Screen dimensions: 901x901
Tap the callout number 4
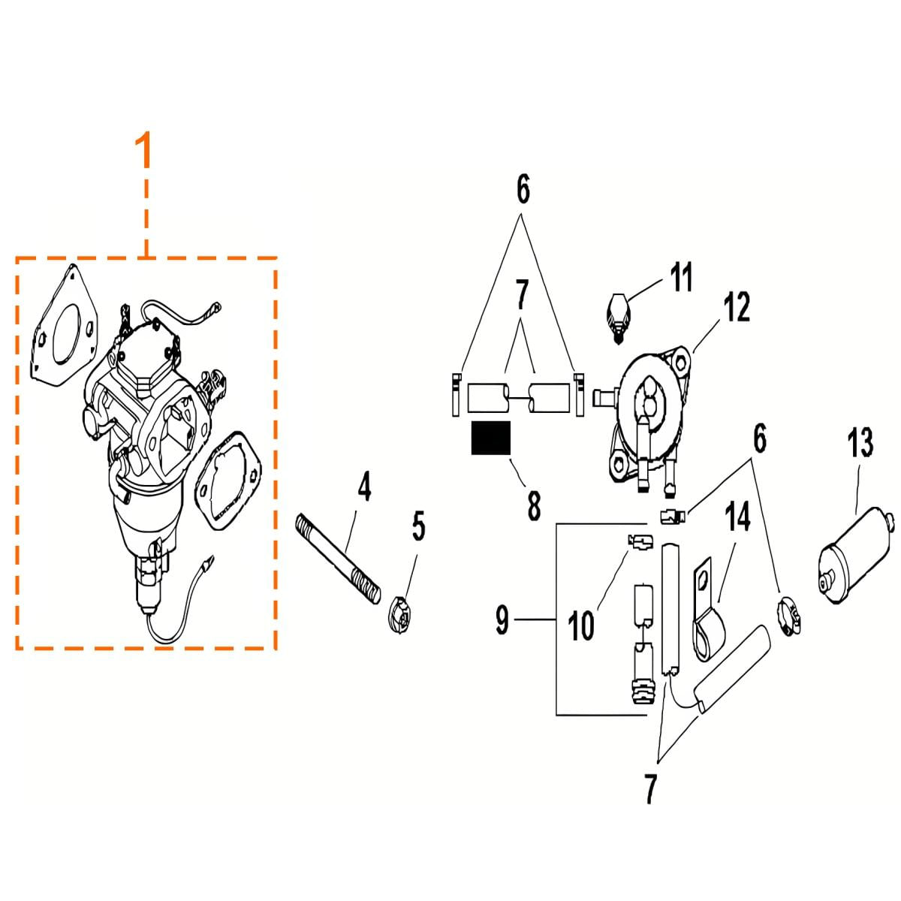pyautogui.click(x=364, y=487)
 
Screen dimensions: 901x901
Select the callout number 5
pyautogui.click(x=418, y=526)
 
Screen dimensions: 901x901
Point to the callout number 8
pyautogui.click(x=534, y=505)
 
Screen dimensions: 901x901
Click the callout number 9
pyautogui.click(x=502, y=620)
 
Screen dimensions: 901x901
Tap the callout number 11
pyautogui.click(x=681, y=277)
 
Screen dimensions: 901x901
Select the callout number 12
pyautogui.click(x=737, y=307)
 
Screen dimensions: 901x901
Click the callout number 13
pyautogui.click(x=860, y=442)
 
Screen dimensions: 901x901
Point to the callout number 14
pyautogui.click(x=738, y=516)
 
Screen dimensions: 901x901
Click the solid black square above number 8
pyautogui.click(x=490, y=438)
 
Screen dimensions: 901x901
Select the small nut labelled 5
pyautogui.click(x=400, y=616)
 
